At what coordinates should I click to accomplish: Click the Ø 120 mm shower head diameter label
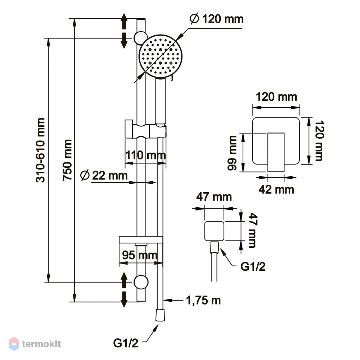(217, 19)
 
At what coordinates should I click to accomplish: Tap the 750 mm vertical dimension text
(67, 160)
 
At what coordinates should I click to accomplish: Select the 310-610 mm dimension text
(40, 150)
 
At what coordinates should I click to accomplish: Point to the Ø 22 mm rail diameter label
(104, 176)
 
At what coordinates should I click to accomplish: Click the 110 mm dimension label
(145, 156)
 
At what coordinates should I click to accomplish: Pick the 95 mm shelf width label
(140, 255)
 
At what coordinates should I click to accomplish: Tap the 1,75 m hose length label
(203, 300)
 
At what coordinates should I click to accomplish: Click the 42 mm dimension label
(276, 190)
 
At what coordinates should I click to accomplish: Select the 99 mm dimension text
(232, 153)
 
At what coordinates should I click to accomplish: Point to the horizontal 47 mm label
(214, 197)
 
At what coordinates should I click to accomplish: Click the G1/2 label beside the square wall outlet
(253, 266)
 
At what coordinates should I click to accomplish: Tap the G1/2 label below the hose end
(126, 343)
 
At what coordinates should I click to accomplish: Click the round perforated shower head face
(160, 56)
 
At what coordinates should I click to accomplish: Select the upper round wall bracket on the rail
(140, 38)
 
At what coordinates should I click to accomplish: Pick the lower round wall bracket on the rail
(141, 282)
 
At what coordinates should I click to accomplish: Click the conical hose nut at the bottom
(160, 315)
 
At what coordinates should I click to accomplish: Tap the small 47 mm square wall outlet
(214, 231)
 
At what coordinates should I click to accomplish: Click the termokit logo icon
(14, 344)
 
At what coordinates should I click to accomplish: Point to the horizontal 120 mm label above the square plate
(276, 96)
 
